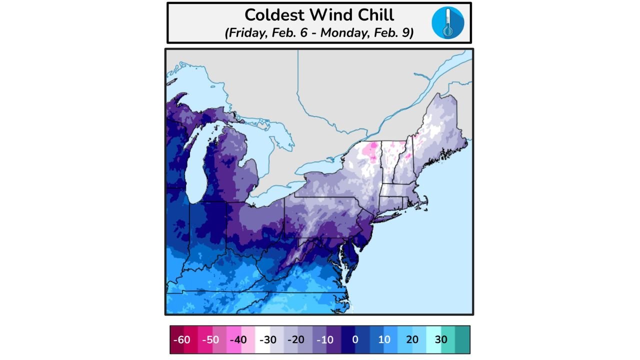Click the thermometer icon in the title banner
[447, 22]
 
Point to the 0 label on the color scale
[355, 340]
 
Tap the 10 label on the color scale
[384, 340]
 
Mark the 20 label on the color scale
[412, 340]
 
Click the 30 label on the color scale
[441, 340]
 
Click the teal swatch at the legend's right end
[462, 340]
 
